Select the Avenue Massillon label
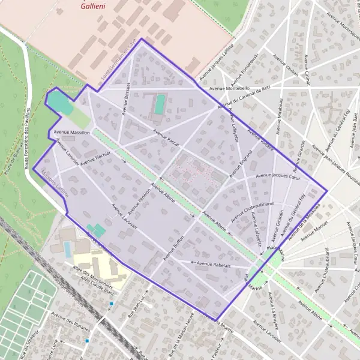[x=71, y=131]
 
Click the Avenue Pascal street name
[x=166, y=138]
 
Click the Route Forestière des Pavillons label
[x=28, y=138]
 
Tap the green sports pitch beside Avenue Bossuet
[x=160, y=104]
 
